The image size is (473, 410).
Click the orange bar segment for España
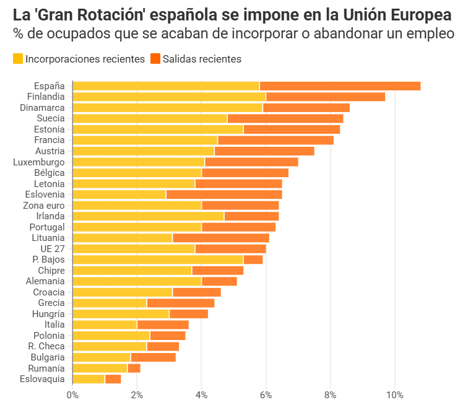(340, 86)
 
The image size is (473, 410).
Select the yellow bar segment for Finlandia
(169, 97)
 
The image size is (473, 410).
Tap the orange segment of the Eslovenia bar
(224, 194)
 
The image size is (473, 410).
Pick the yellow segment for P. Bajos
(158, 260)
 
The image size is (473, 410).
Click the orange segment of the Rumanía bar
(134, 368)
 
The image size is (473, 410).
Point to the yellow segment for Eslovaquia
(89, 379)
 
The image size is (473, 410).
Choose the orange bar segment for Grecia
(180, 303)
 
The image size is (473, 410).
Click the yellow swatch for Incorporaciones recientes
(18, 59)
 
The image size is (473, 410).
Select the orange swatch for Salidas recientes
(155, 59)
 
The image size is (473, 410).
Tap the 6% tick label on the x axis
(266, 395)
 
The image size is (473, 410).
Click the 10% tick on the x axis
(394, 395)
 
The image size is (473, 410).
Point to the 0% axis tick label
(72, 395)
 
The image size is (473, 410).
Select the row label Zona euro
(43, 206)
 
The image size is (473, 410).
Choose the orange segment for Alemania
(219, 281)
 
